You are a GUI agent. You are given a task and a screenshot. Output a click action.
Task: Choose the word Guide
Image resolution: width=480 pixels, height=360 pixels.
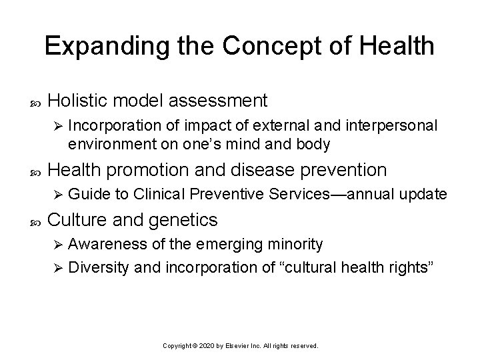83,194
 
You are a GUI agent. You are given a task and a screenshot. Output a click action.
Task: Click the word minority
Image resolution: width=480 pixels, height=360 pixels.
295,245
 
